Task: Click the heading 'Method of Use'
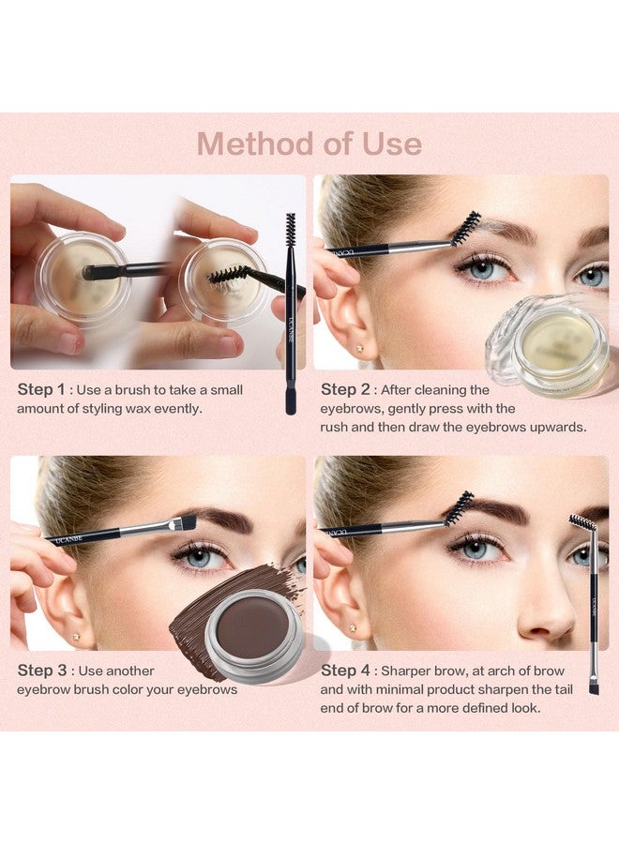(309, 143)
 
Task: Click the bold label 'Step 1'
(41, 388)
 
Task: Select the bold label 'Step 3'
(41, 671)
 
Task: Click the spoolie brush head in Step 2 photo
(465, 229)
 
